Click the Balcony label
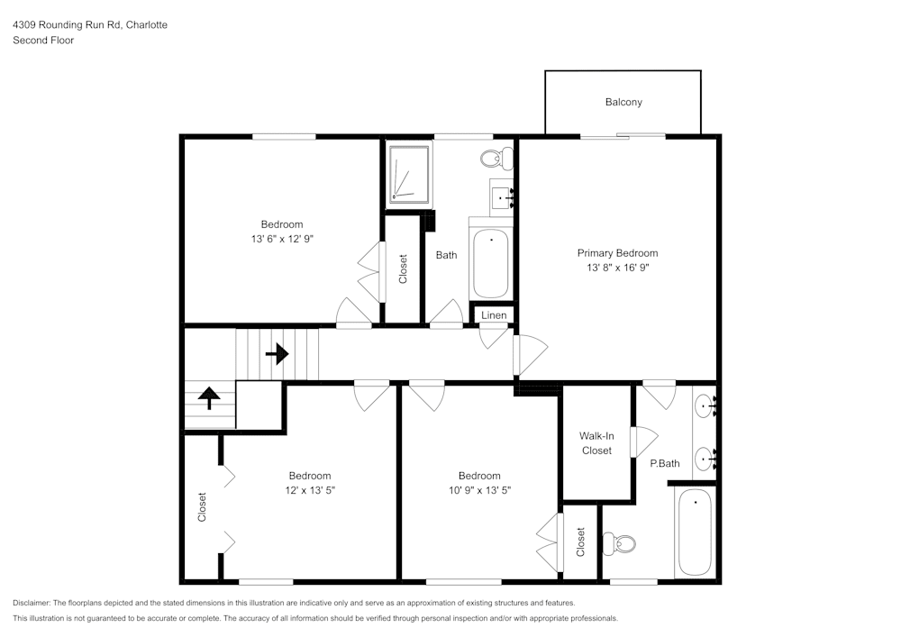623,103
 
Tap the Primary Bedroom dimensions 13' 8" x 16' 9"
617,268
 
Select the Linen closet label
493,315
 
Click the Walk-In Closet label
596,443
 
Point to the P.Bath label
665,464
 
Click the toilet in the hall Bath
495,159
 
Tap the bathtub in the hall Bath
491,262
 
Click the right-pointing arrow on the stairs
277,354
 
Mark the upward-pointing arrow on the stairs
209,397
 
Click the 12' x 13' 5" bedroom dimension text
310,490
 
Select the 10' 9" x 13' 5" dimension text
479,490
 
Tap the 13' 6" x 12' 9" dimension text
282,239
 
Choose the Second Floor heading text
43,41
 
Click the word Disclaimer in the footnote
32,603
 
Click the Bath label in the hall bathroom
446,255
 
